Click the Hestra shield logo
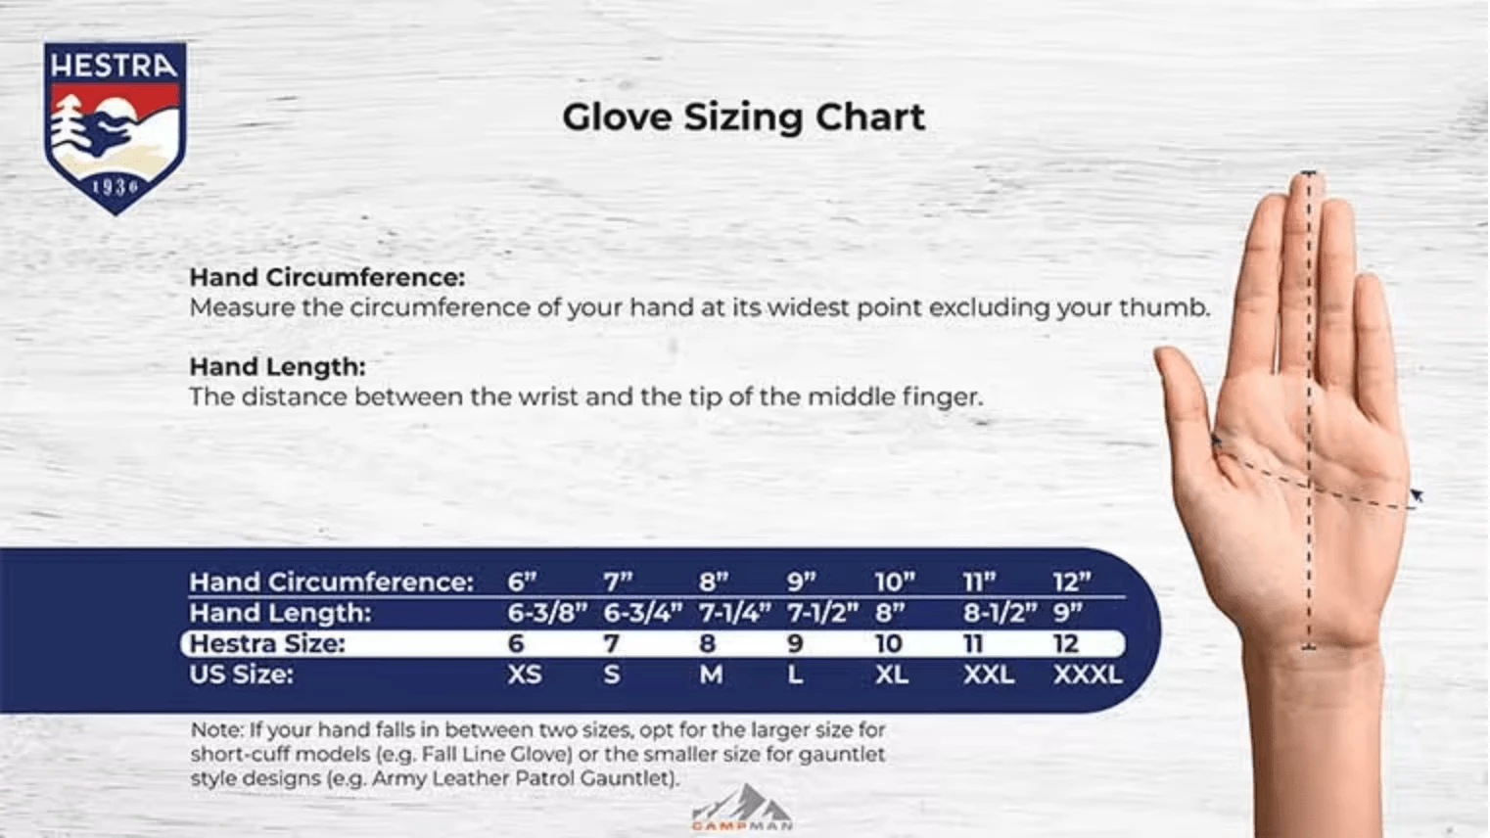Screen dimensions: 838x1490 coord(115,126)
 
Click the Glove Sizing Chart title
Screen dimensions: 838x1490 coord(743,117)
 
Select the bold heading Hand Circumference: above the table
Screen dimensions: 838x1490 coord(327,277)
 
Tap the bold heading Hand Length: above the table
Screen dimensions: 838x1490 coord(277,367)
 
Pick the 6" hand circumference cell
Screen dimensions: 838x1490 coord(522,582)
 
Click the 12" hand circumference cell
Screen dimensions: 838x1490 coord(1071,582)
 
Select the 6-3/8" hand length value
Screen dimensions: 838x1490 coord(546,613)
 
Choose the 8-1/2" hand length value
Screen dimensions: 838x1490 coord(999,613)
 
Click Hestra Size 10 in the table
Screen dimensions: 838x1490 coord(888,644)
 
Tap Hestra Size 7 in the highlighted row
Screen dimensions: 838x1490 coord(611,644)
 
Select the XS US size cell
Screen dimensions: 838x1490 coord(525,675)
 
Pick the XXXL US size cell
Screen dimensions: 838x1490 coord(1088,675)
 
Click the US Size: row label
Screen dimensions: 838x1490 coord(241,675)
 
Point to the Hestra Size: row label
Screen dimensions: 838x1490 coord(267,644)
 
